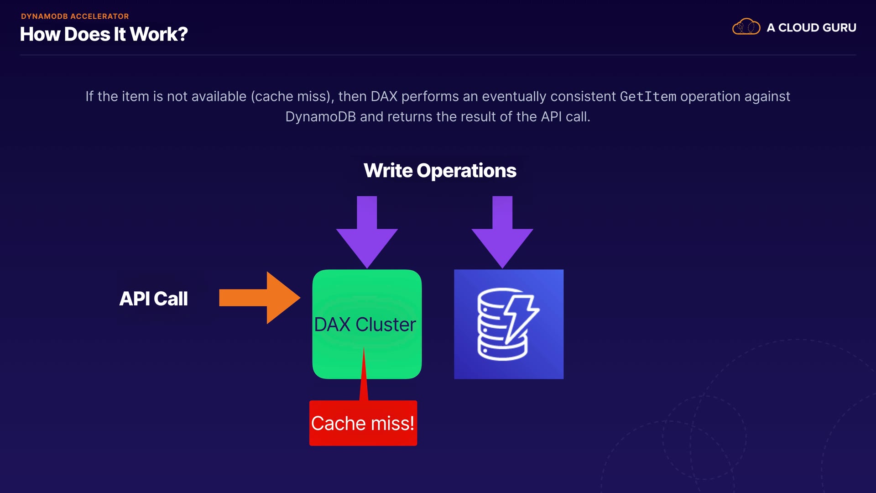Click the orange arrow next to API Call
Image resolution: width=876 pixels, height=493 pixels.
260,298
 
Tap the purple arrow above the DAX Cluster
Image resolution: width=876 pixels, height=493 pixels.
367,232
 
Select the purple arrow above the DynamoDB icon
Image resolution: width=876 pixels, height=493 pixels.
502,232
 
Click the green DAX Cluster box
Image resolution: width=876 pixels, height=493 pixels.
367,324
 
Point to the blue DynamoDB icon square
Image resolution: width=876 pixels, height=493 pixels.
509,324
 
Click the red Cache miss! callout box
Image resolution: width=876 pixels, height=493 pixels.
363,423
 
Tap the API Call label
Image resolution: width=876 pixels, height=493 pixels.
153,299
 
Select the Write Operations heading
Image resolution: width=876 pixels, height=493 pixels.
440,171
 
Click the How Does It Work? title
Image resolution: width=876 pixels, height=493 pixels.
104,34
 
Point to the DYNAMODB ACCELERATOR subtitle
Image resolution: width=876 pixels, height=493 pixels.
75,16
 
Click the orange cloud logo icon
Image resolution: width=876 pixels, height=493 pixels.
746,27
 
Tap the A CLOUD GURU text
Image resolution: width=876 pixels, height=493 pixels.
811,28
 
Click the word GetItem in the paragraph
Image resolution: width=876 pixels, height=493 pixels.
648,97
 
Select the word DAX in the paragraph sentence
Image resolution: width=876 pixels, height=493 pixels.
384,97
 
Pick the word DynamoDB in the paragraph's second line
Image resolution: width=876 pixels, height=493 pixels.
320,117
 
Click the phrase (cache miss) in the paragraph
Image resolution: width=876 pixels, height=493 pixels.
291,97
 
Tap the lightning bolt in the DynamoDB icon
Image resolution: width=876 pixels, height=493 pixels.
521,319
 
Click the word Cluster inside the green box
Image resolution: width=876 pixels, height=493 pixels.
386,325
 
